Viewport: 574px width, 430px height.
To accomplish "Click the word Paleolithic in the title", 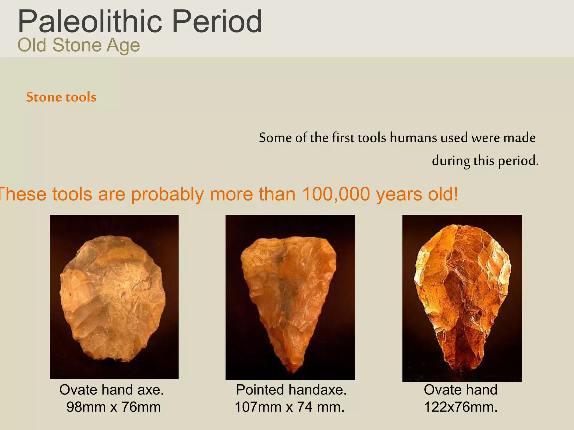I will click(90, 22).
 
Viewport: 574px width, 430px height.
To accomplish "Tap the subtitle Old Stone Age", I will click(78, 45).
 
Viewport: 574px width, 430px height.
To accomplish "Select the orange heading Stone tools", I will click(61, 97).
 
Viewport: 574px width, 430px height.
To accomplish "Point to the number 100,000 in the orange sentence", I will click(336, 194).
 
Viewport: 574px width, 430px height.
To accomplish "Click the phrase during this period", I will click(485, 161).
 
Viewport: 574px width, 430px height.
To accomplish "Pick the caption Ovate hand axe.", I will click(112, 390).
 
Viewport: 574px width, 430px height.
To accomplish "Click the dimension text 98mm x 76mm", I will click(114, 407).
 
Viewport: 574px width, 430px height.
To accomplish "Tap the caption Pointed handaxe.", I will click(291, 390).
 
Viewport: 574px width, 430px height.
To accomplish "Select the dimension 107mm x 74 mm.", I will click(290, 407).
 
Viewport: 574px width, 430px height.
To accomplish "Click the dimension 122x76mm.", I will click(460, 407).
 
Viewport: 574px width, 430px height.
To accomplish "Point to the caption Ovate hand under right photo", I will click(460, 390).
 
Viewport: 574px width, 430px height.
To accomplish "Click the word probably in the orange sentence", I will click(167, 195).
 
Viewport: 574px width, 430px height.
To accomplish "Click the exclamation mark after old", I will click(456, 194).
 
